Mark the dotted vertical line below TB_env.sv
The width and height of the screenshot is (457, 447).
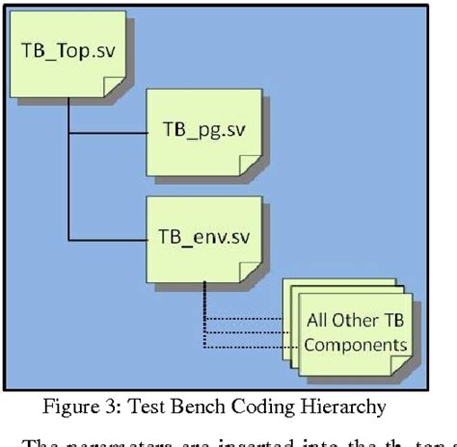(204, 313)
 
